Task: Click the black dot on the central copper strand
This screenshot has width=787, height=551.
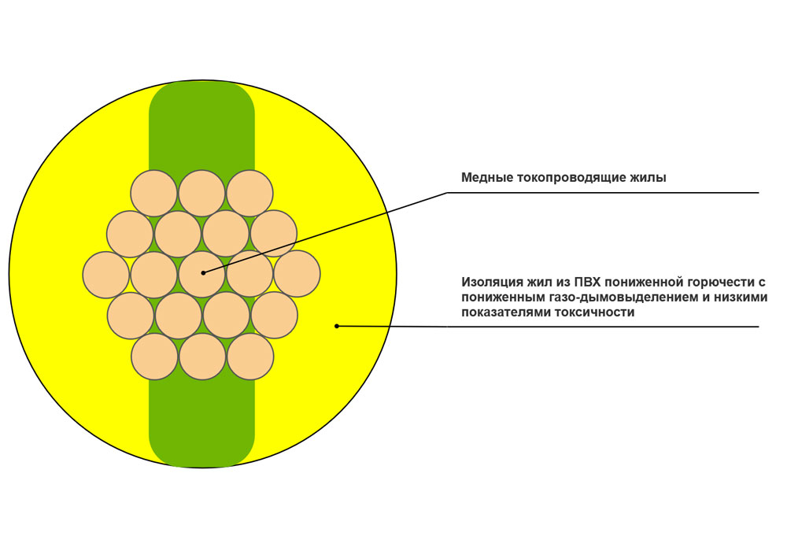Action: (203, 273)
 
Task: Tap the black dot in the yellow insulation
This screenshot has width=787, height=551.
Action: (337, 326)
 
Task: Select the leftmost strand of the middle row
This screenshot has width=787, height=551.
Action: (106, 275)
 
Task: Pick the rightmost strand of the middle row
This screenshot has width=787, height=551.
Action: (297, 274)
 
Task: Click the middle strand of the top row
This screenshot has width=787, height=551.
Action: (201, 193)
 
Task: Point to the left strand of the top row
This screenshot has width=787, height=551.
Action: (153, 193)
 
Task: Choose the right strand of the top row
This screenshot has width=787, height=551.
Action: (250, 193)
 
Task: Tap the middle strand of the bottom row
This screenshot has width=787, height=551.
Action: (203, 357)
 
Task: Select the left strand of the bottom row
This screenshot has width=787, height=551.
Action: (154, 357)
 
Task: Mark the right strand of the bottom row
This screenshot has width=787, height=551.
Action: (250, 357)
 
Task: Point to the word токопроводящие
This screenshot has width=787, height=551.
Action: (567, 178)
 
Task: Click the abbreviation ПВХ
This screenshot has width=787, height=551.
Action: (587, 281)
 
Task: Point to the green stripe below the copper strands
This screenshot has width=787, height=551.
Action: (201, 422)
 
